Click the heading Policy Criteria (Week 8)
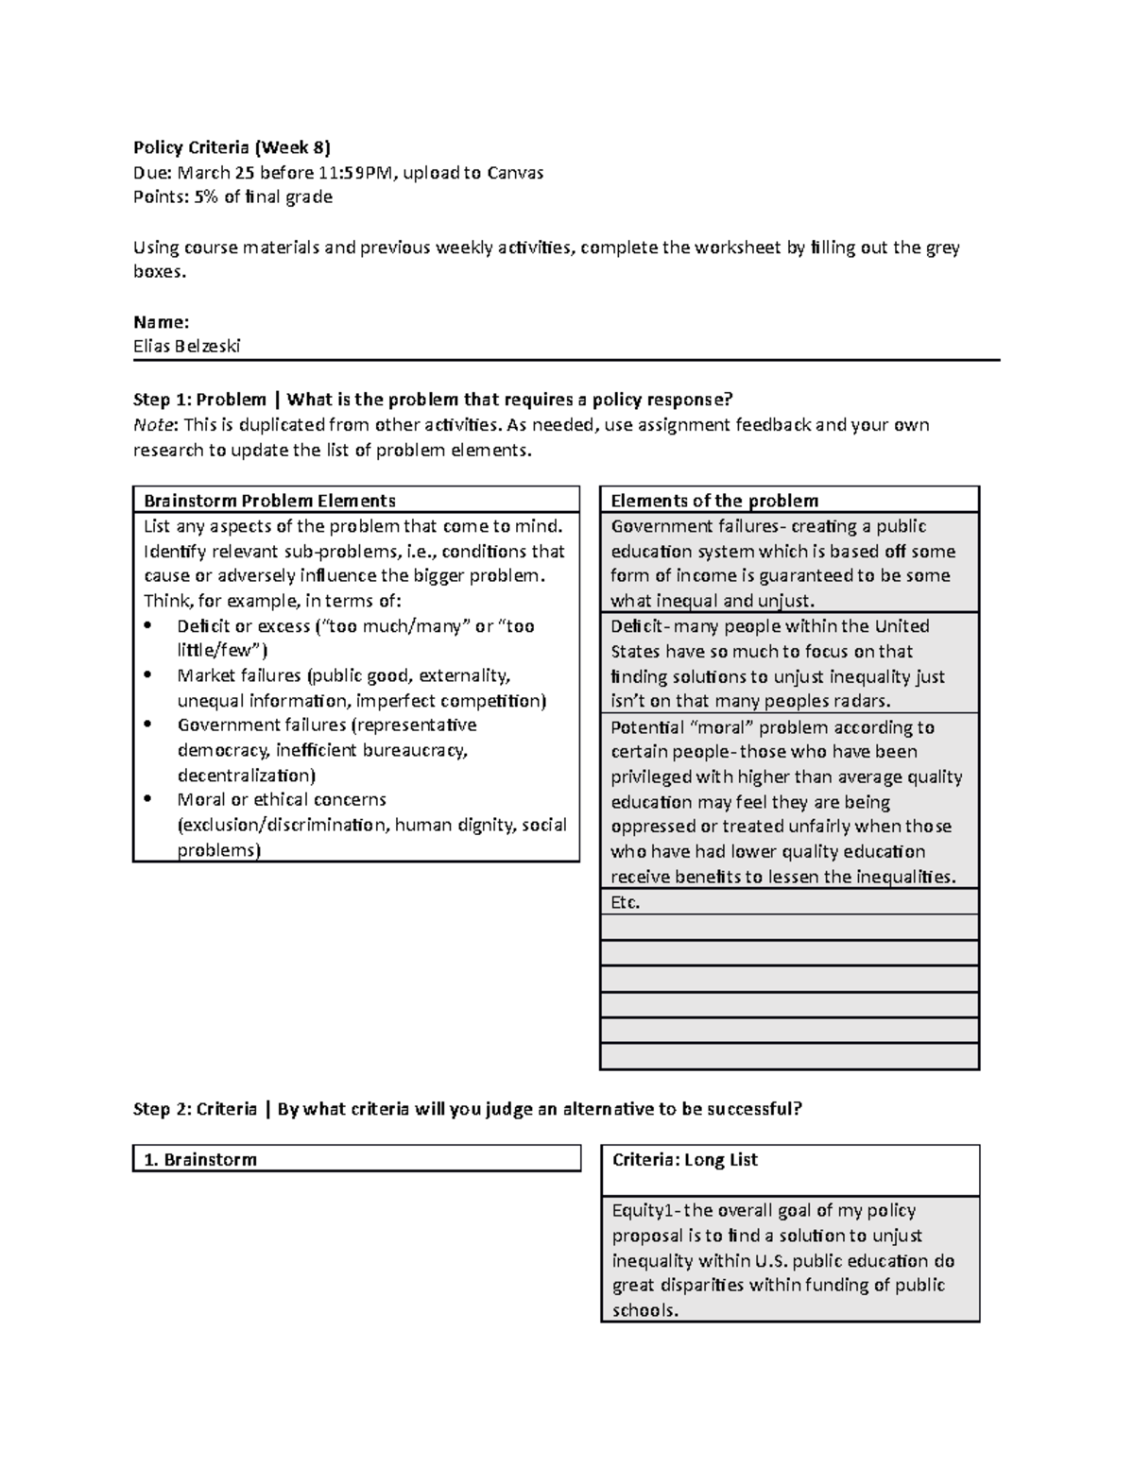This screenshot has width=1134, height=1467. click(x=232, y=146)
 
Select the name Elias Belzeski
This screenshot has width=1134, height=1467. click(x=187, y=346)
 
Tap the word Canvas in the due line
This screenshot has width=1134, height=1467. click(x=515, y=172)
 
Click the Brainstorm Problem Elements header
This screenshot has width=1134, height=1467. click(x=268, y=501)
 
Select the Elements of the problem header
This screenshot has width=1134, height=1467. click(x=714, y=501)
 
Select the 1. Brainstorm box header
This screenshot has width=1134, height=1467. click(x=200, y=1159)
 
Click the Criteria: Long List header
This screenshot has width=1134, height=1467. click(x=685, y=1160)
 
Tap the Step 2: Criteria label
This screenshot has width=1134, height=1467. click(x=195, y=1108)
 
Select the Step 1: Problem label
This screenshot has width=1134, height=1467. click(x=199, y=400)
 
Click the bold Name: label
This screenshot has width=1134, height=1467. click(x=161, y=321)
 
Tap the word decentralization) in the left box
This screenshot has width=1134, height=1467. click(x=247, y=776)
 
